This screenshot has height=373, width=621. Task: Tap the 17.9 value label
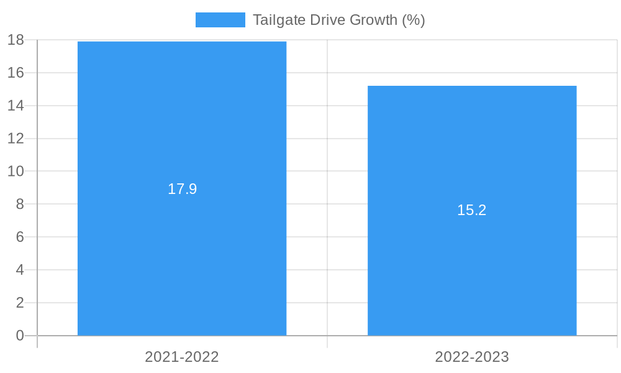tap(182, 189)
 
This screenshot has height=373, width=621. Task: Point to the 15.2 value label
tap(472, 210)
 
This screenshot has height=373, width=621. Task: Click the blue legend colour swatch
tap(220, 20)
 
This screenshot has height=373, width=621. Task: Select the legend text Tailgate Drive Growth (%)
tap(338, 20)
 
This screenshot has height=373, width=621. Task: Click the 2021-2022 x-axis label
tap(182, 357)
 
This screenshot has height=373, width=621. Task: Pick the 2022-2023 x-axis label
tap(472, 357)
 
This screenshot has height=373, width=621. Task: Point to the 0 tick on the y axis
tap(19, 336)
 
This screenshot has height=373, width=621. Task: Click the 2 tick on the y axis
tap(19, 303)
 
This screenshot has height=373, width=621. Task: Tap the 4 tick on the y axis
tap(19, 270)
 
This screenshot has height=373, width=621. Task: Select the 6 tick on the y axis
tap(19, 237)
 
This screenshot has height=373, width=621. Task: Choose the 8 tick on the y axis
tap(19, 204)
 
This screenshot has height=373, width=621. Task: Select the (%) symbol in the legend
tap(413, 20)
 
